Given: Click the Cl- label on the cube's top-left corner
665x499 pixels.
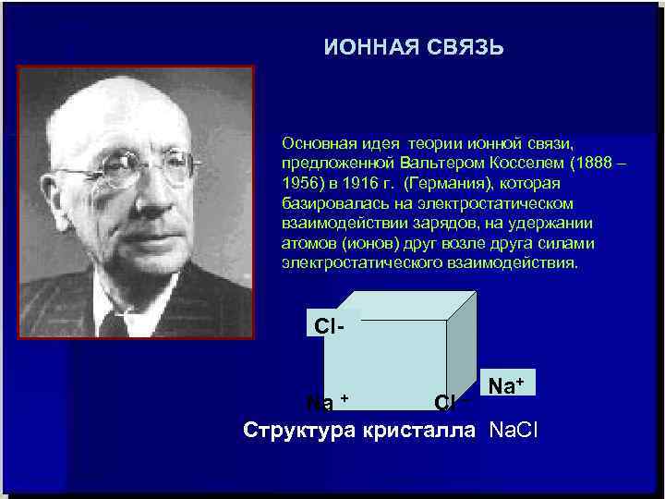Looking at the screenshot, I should pos(330,327).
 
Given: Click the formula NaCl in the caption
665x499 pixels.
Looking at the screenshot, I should pos(514,430).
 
